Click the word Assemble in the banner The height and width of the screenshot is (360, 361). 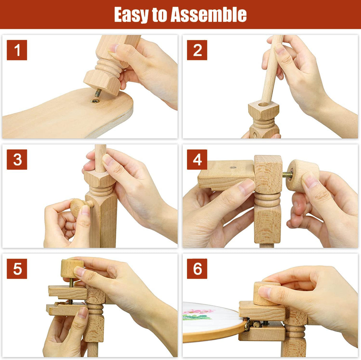pyautogui.click(x=208, y=15)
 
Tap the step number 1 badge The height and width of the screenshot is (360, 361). pyautogui.click(x=17, y=50)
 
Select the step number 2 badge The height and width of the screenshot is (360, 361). pyautogui.click(x=197, y=50)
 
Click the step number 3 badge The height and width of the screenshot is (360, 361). pyautogui.click(x=17, y=160)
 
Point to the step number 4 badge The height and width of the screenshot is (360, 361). pyautogui.click(x=197, y=160)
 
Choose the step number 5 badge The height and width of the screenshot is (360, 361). pyautogui.click(x=17, y=269)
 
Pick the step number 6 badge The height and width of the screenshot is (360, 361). pyautogui.click(x=197, y=269)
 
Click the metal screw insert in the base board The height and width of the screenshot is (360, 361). pyautogui.click(x=95, y=101)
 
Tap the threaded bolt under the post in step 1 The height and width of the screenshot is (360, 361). pyautogui.click(x=98, y=93)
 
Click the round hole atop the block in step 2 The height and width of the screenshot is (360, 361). pyautogui.click(x=263, y=104)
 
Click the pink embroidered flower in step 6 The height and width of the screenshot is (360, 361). pyautogui.click(x=198, y=311)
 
